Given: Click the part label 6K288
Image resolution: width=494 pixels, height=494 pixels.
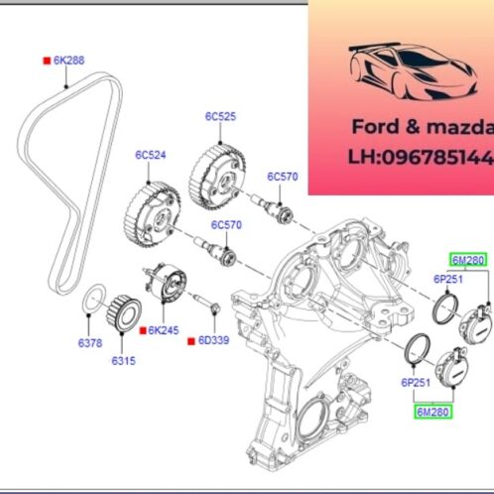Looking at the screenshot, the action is click(68, 61).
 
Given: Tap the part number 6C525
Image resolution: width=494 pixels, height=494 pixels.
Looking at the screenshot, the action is click(220, 116).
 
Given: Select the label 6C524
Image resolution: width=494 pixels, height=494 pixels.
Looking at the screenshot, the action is click(151, 155).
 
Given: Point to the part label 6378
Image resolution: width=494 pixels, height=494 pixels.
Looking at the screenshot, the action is click(90, 343).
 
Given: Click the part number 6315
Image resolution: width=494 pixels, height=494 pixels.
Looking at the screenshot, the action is click(123, 361).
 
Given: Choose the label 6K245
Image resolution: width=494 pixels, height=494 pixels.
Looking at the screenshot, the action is click(164, 330).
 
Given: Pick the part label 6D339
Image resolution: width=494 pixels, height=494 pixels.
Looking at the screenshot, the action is click(213, 340).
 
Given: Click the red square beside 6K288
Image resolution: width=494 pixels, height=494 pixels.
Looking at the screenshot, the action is click(47, 61).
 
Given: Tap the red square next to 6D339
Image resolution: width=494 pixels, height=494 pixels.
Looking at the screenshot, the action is click(191, 341).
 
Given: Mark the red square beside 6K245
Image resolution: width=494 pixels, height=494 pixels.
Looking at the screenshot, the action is click(143, 330).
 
